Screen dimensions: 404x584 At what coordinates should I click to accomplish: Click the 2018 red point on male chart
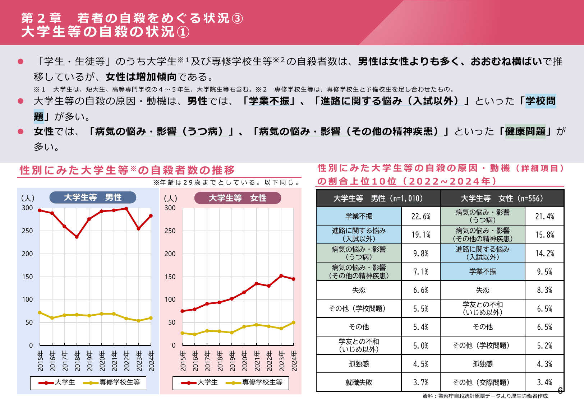pyautogui.click(x=77, y=237)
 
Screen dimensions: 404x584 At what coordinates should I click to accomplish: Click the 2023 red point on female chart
pyautogui.click(x=281, y=276)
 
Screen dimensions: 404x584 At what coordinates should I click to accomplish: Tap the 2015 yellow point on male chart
pyautogui.click(x=40, y=312)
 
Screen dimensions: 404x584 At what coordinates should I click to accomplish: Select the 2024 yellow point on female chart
pyautogui.click(x=294, y=322)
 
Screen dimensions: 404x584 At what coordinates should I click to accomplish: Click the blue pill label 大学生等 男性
pyautogui.click(x=93, y=198)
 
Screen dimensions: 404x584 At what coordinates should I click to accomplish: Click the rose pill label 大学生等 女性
pyautogui.click(x=238, y=198)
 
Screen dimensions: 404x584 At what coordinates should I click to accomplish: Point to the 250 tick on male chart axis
pyautogui.click(x=27, y=231)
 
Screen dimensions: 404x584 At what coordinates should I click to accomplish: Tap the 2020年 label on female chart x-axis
pyautogui.click(x=244, y=361)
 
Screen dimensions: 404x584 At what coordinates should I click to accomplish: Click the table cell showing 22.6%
pyautogui.click(x=420, y=217)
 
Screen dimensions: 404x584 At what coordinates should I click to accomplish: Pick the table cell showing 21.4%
pyautogui.click(x=544, y=217)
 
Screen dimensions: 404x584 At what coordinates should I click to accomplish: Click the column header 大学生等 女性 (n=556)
pyautogui.click(x=502, y=199)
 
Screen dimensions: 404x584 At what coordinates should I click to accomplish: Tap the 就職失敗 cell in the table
pyautogui.click(x=359, y=382)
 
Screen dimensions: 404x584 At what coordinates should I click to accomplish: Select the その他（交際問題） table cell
pyautogui.click(x=482, y=382)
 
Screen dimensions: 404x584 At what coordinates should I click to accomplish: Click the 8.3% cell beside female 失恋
pyautogui.click(x=544, y=290)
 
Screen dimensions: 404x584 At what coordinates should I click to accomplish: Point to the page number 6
pyautogui.click(x=560, y=391)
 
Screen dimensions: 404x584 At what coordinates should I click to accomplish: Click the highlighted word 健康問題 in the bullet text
pyautogui.click(x=525, y=131)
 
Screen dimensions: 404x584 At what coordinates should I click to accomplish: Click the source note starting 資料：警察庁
pyautogui.click(x=485, y=396)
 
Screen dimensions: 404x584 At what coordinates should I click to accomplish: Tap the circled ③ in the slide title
pyautogui.click(x=237, y=18)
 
